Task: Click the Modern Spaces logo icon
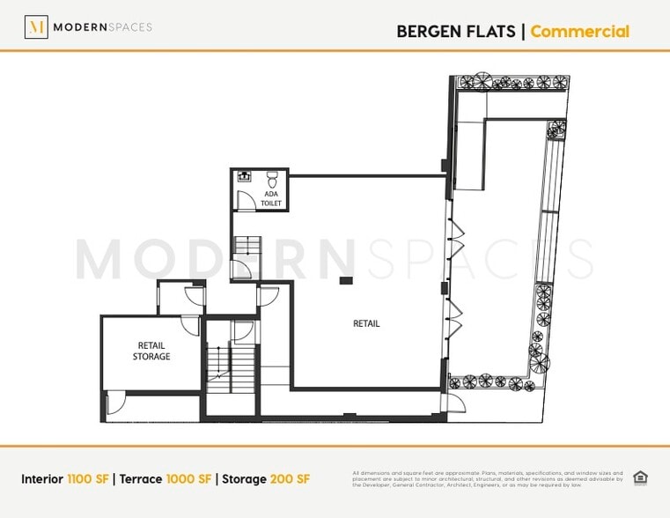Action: pyautogui.click(x=36, y=27)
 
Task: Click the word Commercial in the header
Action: pyautogui.click(x=579, y=32)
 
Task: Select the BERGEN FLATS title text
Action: pyautogui.click(x=456, y=32)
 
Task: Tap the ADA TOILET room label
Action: pyautogui.click(x=272, y=198)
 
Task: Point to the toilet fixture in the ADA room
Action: pyautogui.click(x=271, y=175)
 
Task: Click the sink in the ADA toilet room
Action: pyautogui.click(x=244, y=175)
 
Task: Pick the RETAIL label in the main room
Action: pyautogui.click(x=366, y=323)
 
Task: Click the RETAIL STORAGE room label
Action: pyautogui.click(x=151, y=351)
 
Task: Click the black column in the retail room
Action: pyautogui.click(x=346, y=280)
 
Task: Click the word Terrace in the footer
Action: pyautogui.click(x=139, y=479)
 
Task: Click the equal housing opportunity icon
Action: pyautogui.click(x=640, y=478)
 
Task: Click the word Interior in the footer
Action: pyautogui.click(x=42, y=479)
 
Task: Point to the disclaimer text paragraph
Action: pyautogui.click(x=487, y=478)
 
